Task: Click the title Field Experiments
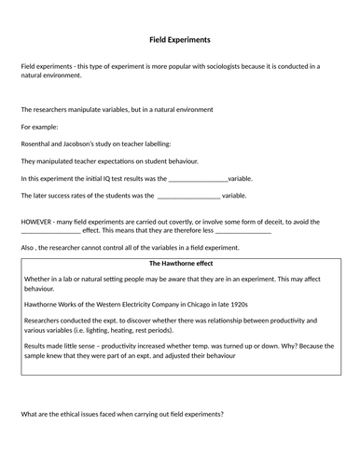(180, 40)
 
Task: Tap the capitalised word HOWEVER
(38, 222)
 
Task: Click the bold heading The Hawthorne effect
(180, 264)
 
